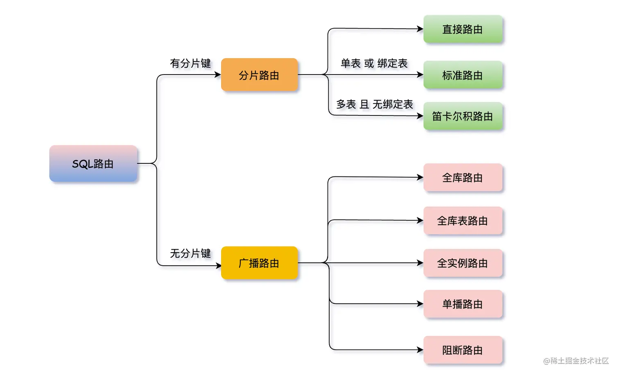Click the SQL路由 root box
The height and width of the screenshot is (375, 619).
[93, 163]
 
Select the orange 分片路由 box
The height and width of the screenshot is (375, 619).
[259, 75]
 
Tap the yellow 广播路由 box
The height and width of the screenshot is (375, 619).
[259, 263]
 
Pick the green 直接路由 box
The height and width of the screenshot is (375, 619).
[463, 29]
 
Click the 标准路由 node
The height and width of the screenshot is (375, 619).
[463, 75]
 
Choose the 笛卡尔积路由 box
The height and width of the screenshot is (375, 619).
[463, 116]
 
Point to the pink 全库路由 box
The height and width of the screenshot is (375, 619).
[463, 177]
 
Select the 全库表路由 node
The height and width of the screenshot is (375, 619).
[463, 221]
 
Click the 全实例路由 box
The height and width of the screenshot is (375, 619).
[463, 263]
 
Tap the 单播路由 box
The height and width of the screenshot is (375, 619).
[463, 304]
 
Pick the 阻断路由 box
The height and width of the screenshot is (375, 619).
[463, 350]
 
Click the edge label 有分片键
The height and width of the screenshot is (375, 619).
[190, 63]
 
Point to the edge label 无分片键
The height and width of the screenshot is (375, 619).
[190, 253]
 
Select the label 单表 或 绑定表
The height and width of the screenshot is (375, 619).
[374, 63]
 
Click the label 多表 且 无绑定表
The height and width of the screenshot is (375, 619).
[375, 104]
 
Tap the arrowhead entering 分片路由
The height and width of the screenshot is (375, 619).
[218, 75]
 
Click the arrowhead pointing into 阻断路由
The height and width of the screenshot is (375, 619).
[420, 350]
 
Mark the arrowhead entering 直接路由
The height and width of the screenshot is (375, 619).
[420, 29]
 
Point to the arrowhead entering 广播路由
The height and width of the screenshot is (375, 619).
[218, 266]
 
